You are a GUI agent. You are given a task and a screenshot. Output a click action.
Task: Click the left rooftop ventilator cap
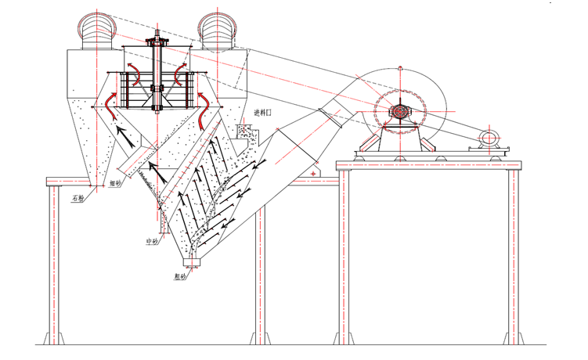click(x=97, y=31)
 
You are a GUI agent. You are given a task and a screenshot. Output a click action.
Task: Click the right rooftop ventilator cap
click(x=218, y=31)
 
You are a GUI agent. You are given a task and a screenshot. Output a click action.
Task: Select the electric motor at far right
click(x=488, y=139)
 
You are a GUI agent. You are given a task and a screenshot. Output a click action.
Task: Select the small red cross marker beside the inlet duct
click(x=314, y=171)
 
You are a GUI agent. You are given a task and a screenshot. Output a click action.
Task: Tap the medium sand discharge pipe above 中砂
click(x=162, y=222)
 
